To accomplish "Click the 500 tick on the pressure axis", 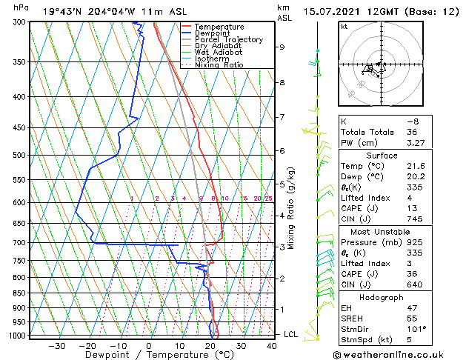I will coord(17,156).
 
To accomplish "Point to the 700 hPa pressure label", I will coord(17,243).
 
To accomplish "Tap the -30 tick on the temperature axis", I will coord(56,345).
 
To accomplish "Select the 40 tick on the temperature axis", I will coord(271,345).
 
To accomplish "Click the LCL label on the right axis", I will coord(292,334).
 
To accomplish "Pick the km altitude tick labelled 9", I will coord(282,47).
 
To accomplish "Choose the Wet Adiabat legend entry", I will coord(221,52).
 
